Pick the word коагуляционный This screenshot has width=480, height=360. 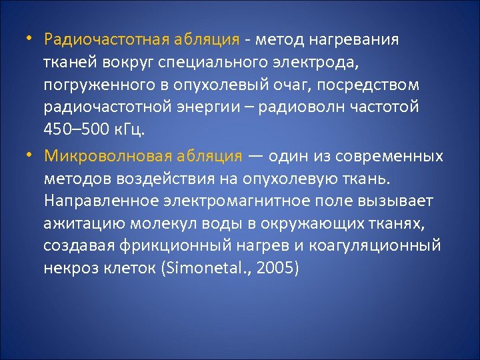pos(383,246)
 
